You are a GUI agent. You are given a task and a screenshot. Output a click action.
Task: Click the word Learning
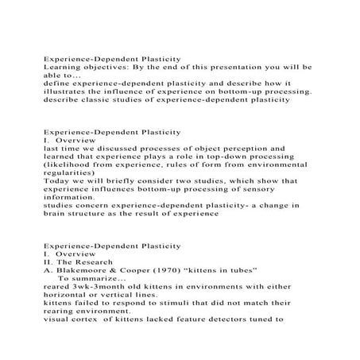tap(62, 68)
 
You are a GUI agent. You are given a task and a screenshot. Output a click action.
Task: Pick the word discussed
tap(115, 148)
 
